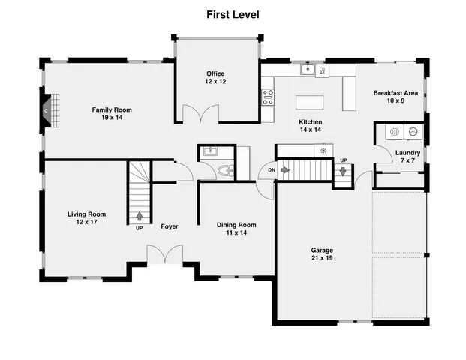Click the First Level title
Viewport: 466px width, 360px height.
[233, 14]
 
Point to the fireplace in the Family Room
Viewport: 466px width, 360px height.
[47, 109]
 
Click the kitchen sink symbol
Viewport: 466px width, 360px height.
[308, 70]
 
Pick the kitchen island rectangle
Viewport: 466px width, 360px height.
[311, 103]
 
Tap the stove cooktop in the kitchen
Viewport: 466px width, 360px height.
[267, 96]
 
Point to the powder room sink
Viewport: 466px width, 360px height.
[209, 152]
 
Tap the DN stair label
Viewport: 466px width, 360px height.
[270, 170]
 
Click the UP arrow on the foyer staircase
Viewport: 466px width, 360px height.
[140, 217]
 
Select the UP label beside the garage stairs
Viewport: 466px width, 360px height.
[344, 160]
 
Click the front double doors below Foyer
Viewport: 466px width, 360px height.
[164, 256]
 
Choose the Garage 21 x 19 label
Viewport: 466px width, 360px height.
[322, 254]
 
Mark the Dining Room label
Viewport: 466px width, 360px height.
[236, 229]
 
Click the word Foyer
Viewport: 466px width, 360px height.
[170, 226]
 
